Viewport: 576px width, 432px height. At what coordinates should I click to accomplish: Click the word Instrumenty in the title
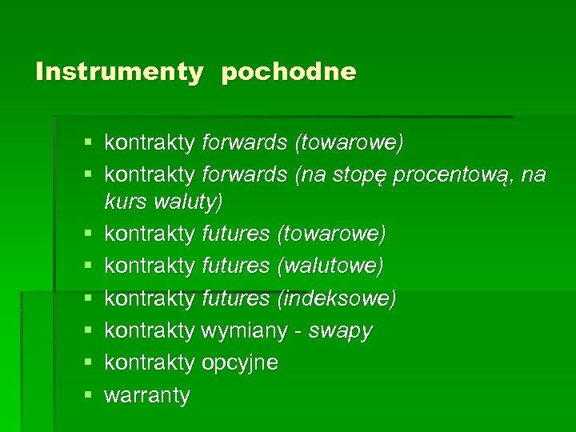[119, 72]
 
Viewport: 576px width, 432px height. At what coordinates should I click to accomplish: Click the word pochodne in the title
[289, 72]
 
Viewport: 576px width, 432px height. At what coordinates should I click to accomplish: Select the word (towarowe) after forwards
[350, 142]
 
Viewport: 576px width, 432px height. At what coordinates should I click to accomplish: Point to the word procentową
[454, 174]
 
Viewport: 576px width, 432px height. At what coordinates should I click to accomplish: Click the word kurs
[124, 202]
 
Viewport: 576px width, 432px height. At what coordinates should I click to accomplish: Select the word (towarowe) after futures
[331, 234]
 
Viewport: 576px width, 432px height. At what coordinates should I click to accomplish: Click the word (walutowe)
[330, 266]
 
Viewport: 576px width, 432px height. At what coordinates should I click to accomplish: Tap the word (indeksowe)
[336, 298]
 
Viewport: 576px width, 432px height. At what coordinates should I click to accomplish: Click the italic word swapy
[340, 330]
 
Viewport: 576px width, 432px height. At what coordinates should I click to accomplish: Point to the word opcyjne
[240, 362]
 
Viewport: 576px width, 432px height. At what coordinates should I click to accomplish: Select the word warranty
[147, 394]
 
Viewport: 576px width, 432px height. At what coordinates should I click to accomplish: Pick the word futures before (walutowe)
[236, 266]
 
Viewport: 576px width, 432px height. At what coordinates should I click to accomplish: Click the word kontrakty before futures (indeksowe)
[150, 298]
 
